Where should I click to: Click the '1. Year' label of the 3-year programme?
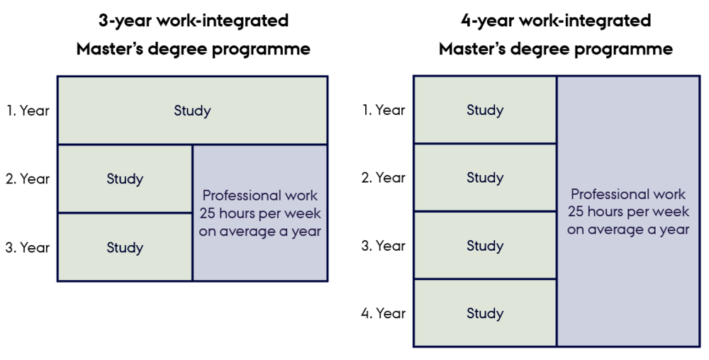28,111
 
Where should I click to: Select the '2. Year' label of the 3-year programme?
28,179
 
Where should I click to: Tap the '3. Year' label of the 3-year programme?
28,247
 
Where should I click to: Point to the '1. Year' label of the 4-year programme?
384,110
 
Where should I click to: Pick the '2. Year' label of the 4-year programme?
384,177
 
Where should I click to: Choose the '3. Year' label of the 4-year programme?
384,246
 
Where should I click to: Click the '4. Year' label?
384,313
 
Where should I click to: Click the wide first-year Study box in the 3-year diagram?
193,111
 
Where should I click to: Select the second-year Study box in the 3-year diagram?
125,179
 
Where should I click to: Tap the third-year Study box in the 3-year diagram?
125,247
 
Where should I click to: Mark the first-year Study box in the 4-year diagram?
485,110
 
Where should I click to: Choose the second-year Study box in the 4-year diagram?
485,177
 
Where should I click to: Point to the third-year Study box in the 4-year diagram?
485,245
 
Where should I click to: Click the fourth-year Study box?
485,313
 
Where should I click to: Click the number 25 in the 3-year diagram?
207,213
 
